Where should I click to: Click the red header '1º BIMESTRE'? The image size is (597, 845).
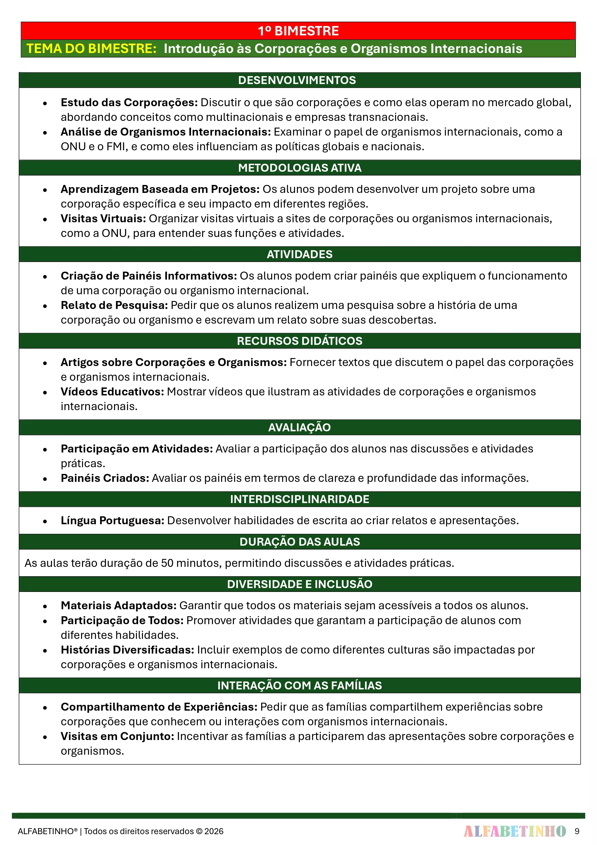pyautogui.click(x=298, y=31)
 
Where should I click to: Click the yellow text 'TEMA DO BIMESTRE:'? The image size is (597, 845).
pyautogui.click(x=92, y=49)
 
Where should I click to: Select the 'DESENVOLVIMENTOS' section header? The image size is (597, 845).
pyautogui.click(x=297, y=80)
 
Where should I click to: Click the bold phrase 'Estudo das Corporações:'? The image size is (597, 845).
pyautogui.click(x=129, y=102)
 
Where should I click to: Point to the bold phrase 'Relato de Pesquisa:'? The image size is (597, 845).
pyautogui.click(x=114, y=305)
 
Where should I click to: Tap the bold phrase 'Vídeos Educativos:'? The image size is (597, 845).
pyautogui.click(x=112, y=392)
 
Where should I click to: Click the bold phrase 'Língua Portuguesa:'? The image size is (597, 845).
pyautogui.click(x=112, y=520)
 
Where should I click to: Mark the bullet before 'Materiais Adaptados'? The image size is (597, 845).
pyautogui.click(x=45, y=606)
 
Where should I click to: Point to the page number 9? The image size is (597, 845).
pyautogui.click(x=577, y=831)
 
